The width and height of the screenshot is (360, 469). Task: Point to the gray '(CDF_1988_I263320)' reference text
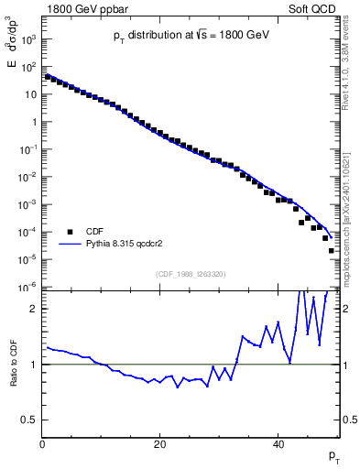point(191,272)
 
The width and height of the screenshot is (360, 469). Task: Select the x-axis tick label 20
point(160,445)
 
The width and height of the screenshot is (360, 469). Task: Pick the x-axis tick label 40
point(278,445)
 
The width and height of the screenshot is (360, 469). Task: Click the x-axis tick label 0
point(42,445)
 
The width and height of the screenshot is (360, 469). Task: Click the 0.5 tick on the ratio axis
point(29,420)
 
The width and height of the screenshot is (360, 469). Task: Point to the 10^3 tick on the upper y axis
point(27,40)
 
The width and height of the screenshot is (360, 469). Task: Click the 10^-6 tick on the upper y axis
point(27,287)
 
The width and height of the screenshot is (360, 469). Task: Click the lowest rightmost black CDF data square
point(331,250)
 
